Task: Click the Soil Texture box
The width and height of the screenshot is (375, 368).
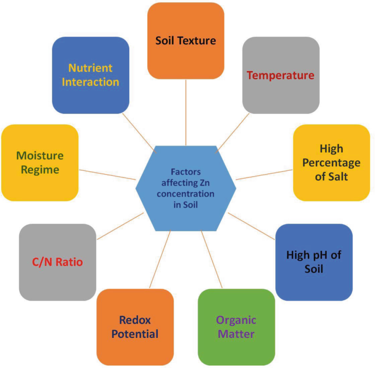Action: [x=186, y=41]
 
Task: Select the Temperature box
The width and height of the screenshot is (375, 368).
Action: [x=280, y=76]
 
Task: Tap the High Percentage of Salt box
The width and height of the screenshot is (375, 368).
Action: [x=331, y=163]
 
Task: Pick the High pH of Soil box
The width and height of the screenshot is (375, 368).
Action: [x=313, y=262]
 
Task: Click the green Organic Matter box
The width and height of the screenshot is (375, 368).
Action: [x=236, y=326]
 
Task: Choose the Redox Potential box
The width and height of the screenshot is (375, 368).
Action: [x=135, y=326]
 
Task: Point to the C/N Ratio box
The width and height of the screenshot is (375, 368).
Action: [x=57, y=262]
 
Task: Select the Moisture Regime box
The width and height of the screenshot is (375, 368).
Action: [x=39, y=163]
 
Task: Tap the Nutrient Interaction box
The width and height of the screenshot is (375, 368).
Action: [x=90, y=75]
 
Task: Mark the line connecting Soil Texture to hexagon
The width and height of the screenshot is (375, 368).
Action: [x=186, y=112]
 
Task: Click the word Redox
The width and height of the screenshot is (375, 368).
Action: [x=135, y=320]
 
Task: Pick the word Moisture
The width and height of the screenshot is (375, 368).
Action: [x=39, y=156]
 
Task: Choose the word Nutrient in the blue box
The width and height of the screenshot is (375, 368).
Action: [x=90, y=68]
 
